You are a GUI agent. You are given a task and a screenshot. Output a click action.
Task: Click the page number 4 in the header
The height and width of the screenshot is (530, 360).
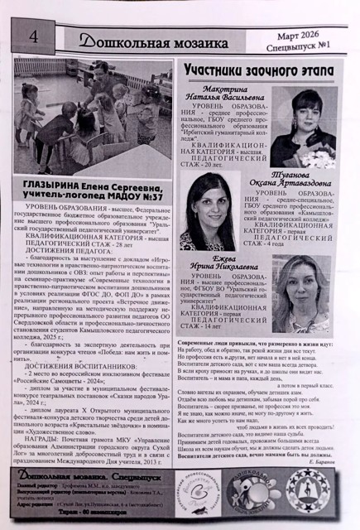pos(33,36)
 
